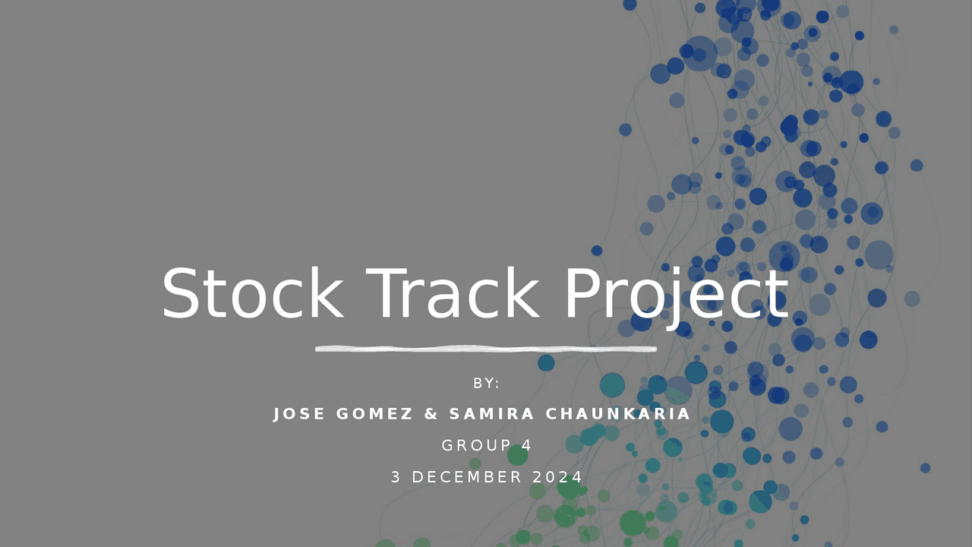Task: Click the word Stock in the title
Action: click(253, 293)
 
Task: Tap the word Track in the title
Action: click(453, 293)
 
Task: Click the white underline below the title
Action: click(486, 349)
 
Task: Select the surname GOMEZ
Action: click(374, 414)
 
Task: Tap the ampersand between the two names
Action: click(431, 414)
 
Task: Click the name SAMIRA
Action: click(491, 414)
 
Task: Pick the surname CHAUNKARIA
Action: click(617, 414)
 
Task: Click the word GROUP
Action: click(476, 445)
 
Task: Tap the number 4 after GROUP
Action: click(526, 445)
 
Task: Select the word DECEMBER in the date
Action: click(466, 477)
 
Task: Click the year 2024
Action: click(557, 477)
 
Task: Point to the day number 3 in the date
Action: click(396, 477)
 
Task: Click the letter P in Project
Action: click(582, 293)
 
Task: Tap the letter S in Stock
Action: click(181, 293)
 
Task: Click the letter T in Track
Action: click(387, 293)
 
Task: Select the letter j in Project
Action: click(676, 299)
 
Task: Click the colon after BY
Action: click(497, 384)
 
